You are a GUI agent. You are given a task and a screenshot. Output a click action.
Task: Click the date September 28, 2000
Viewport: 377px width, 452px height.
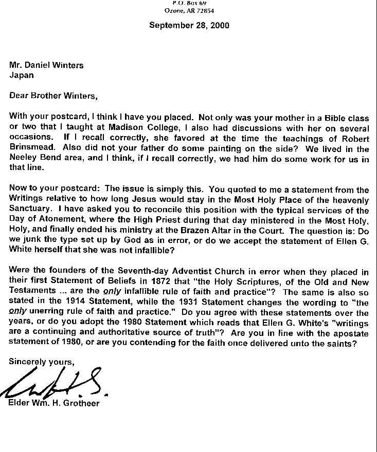pyautogui.click(x=189, y=25)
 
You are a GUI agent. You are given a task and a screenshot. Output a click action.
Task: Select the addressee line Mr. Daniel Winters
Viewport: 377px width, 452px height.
pyautogui.click(x=46, y=65)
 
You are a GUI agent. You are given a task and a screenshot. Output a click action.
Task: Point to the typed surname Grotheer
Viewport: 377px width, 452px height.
pyautogui.click(x=80, y=403)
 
